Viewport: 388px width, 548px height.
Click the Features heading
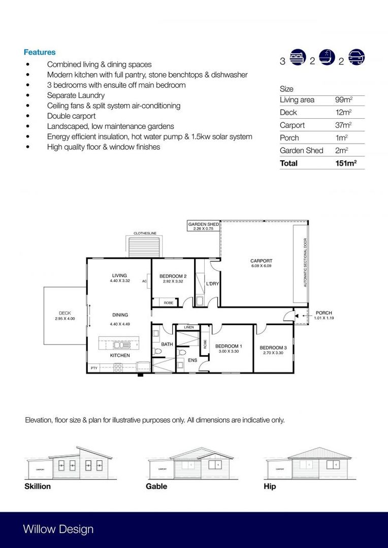point(40,52)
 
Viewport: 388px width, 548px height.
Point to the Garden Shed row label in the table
point(301,150)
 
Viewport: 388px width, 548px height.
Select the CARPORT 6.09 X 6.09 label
point(261,263)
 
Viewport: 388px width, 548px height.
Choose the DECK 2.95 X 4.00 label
point(64,316)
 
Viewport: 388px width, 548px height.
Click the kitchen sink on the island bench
point(122,345)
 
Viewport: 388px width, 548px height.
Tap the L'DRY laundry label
point(212,284)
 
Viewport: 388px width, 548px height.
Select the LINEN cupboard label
point(189,328)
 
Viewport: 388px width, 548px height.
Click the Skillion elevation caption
point(38,486)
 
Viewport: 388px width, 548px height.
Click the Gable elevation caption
point(156,486)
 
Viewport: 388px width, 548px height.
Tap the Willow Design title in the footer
point(58,529)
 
